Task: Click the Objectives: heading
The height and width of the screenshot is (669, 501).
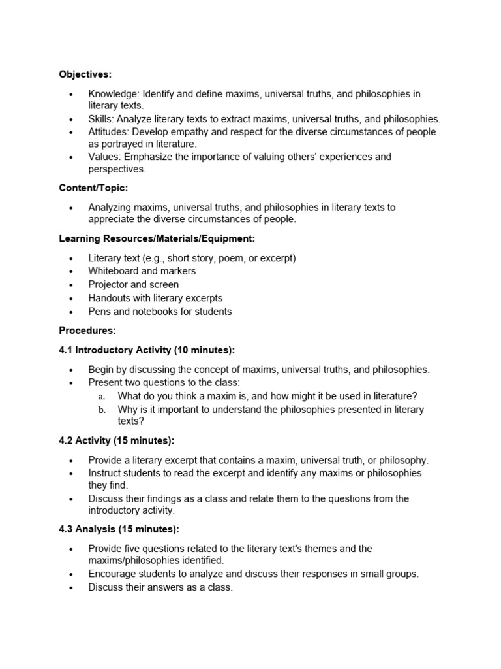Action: tap(85, 74)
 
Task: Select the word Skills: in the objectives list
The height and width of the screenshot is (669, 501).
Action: tap(102, 119)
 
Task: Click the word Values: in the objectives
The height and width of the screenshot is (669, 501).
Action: tap(104, 157)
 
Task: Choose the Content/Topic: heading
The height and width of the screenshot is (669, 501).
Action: tap(93, 188)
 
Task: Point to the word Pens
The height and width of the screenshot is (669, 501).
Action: tap(99, 312)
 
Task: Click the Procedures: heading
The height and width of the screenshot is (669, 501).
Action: tap(87, 331)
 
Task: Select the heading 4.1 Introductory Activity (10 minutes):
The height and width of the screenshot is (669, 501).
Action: tap(147, 350)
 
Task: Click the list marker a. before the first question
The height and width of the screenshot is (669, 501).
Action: tap(102, 397)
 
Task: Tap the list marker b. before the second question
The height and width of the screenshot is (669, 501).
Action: tap(102, 410)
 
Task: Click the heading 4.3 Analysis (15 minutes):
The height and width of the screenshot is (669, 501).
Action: tap(119, 529)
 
